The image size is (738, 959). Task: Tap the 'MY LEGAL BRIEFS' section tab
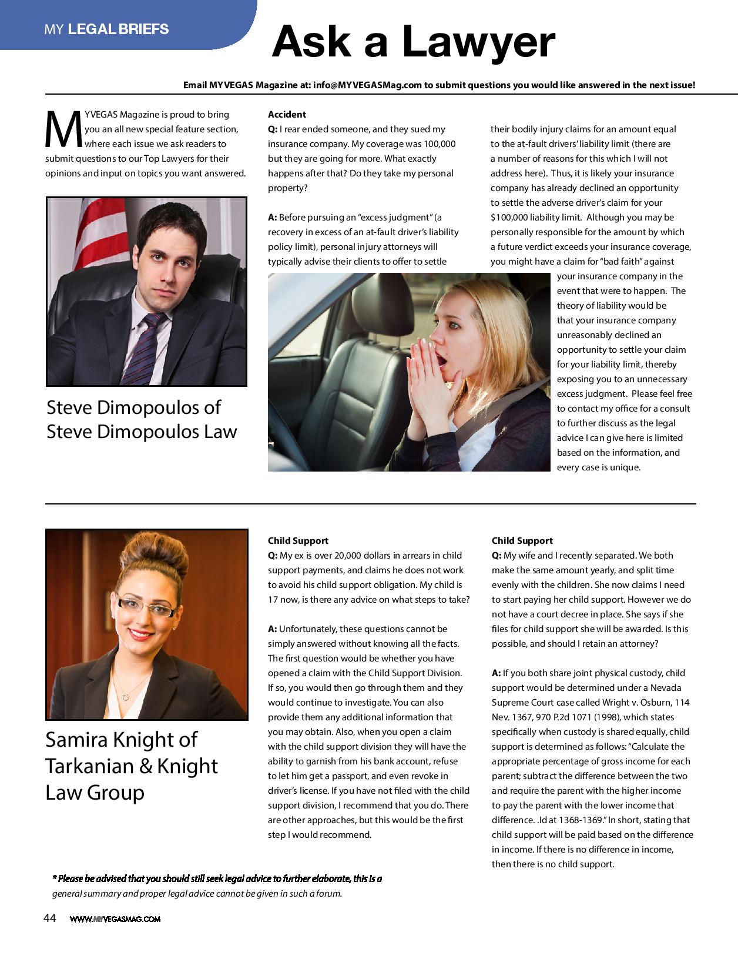click(106, 29)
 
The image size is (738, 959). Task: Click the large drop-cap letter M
click(63, 129)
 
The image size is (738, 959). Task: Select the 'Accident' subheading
click(287, 114)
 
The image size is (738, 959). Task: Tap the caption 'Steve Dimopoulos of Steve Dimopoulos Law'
click(142, 419)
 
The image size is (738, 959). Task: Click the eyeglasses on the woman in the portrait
click(145, 606)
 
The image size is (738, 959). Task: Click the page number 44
click(50, 918)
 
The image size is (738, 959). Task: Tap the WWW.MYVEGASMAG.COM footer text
click(115, 919)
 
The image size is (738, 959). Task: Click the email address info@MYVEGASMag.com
click(368, 85)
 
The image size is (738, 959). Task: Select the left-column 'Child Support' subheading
click(298, 540)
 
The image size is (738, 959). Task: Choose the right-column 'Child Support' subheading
click(522, 540)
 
